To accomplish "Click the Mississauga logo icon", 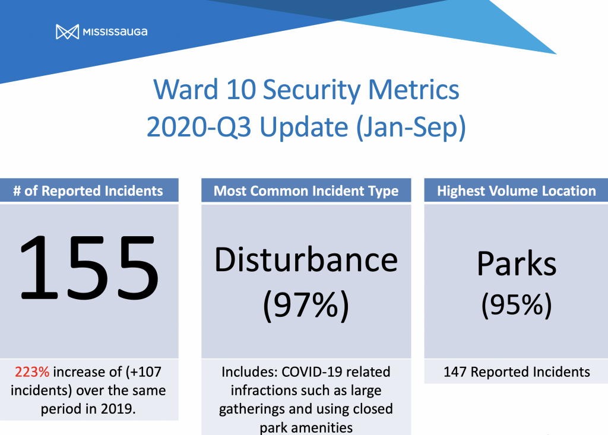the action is click(67, 32).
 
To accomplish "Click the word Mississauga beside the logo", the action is click(115, 32).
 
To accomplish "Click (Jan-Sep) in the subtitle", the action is click(411, 128).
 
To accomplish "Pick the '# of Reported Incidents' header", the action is click(88, 190).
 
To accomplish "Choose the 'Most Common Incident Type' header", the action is click(306, 190).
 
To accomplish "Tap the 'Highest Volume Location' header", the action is click(516, 190).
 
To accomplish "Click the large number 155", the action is click(89, 268).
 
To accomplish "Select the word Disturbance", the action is click(306, 260).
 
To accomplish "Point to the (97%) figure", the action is click(306, 306).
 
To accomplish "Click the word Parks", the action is click(516, 263).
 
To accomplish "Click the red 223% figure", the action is click(32, 372).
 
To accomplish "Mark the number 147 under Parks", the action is click(455, 372).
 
